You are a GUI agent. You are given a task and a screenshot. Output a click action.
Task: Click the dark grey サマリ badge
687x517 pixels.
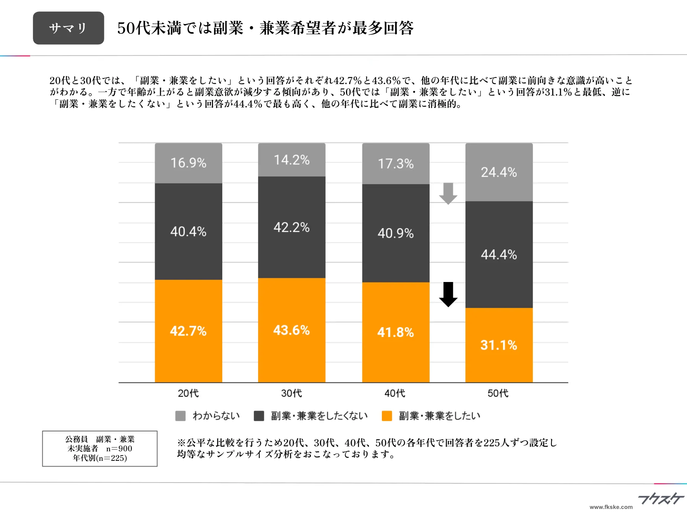point(68,28)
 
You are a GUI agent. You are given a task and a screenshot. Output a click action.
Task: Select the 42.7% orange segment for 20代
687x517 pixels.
point(188,331)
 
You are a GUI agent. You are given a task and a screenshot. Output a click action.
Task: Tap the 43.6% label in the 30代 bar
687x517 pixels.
point(291,330)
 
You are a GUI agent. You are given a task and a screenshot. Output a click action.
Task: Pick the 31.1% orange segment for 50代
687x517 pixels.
point(499,345)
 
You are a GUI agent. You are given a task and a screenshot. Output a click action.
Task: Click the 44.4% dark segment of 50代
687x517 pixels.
point(499,254)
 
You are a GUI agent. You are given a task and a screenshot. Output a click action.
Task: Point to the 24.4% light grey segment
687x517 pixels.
point(499,172)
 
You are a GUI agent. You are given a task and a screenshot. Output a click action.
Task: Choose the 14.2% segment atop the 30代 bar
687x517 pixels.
point(291,160)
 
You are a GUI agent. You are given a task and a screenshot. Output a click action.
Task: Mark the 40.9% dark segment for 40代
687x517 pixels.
point(396,233)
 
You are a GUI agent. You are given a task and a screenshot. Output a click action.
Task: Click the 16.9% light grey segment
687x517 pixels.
point(188,163)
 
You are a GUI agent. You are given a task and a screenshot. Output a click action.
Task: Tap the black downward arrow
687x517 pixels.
point(448,294)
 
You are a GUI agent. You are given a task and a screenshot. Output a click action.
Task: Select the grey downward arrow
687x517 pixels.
point(448,193)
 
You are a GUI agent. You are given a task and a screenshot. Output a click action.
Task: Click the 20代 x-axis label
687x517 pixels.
point(188,393)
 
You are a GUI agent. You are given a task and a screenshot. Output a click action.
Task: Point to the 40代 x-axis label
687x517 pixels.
point(395,393)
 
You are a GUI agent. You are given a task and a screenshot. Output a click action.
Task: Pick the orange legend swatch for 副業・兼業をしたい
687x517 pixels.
point(387,416)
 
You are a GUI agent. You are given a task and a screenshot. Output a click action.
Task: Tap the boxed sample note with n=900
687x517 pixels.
point(100,449)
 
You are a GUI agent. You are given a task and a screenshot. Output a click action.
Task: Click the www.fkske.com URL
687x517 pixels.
point(611,507)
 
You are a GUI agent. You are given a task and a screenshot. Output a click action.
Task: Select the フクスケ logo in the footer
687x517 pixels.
point(661,499)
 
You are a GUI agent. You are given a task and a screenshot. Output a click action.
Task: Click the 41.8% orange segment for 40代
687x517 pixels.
point(396,332)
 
